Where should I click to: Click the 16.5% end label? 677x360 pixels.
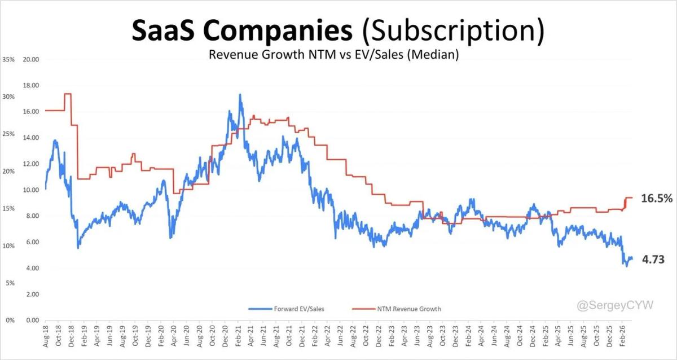pos(657,198)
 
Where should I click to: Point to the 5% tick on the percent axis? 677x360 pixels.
pos(9,283)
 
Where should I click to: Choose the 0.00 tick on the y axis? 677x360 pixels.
pos(31,321)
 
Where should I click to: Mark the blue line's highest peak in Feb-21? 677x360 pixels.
pos(240,94)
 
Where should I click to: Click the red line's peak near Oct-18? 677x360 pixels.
pos(68,94)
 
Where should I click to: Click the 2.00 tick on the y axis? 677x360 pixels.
pos(31,295)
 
